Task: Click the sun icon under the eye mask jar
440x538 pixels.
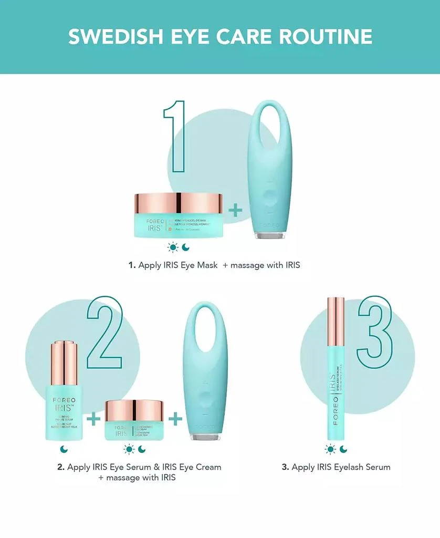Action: coord(172,247)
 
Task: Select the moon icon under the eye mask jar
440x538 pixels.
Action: coord(186,247)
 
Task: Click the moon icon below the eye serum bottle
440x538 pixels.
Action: coord(64,449)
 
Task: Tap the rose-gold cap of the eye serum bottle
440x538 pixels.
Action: coord(64,363)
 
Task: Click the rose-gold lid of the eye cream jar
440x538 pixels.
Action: coord(134,410)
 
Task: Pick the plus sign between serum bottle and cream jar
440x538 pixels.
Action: coord(93,419)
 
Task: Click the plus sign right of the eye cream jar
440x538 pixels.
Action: coord(175,419)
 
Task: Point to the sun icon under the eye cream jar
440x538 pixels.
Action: coord(128,449)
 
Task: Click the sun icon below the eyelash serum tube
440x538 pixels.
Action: coord(330,449)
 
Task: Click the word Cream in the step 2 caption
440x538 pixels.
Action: coord(205,467)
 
